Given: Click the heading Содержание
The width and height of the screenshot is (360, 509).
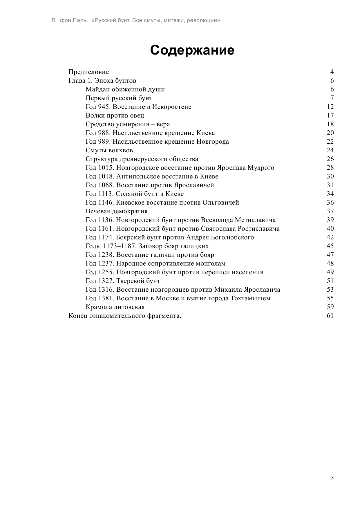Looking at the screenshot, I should click(x=192, y=50).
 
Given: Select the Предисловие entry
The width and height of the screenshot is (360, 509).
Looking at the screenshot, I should click(x=88, y=72).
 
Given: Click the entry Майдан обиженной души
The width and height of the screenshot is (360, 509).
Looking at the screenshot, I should click(x=125, y=89).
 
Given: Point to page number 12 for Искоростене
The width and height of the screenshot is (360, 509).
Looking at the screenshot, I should click(x=330, y=107).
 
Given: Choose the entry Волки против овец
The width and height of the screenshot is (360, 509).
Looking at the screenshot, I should click(x=115, y=115).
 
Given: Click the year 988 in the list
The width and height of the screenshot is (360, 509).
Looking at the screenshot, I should click(x=103, y=133).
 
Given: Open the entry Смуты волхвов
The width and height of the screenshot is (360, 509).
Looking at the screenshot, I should click(x=109, y=150).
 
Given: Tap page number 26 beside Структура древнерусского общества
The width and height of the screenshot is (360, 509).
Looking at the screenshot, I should click(x=330, y=159).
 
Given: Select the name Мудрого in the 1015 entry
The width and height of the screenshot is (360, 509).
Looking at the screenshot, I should click(x=261, y=168).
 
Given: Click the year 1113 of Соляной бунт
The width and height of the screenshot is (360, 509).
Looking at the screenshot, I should click(x=105, y=194).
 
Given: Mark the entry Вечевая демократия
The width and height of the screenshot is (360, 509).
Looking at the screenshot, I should click(x=116, y=211).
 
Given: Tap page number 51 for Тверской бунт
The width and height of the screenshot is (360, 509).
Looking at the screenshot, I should click(x=330, y=281).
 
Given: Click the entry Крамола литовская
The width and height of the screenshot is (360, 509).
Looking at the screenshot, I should click(x=115, y=307).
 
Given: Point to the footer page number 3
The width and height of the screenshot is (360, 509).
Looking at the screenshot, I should click(x=332, y=478).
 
